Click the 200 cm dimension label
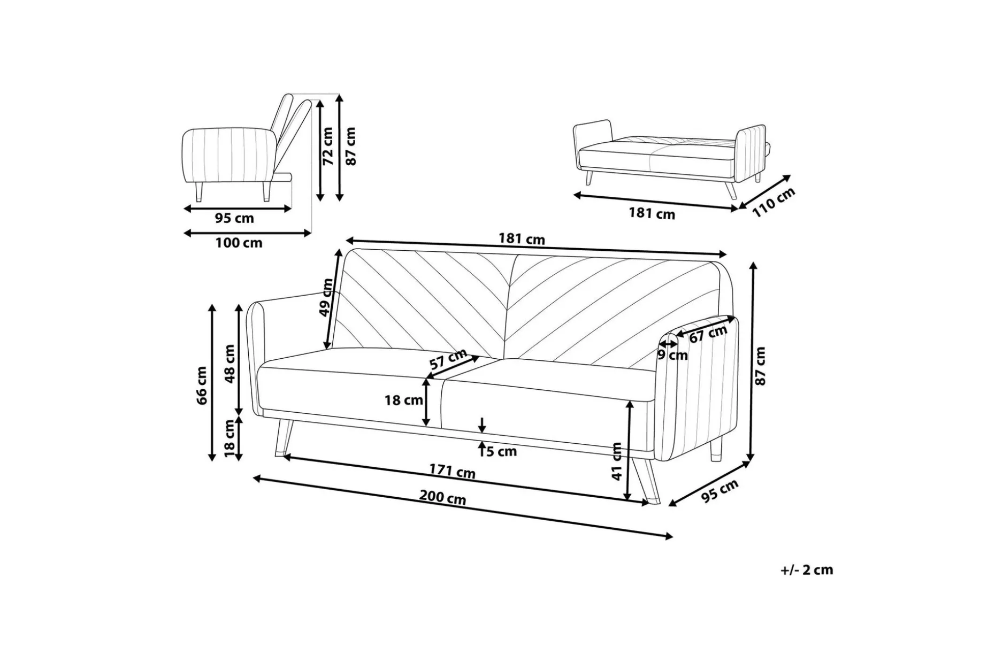click(442, 498)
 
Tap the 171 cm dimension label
click(452, 471)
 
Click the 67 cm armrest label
click(708, 334)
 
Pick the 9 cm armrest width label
click(672, 354)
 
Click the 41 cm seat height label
click(617, 461)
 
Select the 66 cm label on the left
click(202, 385)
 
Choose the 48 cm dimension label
click(229, 364)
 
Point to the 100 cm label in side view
click(239, 243)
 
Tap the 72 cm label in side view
click(327, 145)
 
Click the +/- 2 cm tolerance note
click(807, 570)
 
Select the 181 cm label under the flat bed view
click(652, 214)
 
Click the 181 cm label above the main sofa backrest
click(522, 238)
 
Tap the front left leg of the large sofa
click(282, 438)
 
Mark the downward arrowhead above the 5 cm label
click(483, 429)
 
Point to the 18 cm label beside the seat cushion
click(404, 400)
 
